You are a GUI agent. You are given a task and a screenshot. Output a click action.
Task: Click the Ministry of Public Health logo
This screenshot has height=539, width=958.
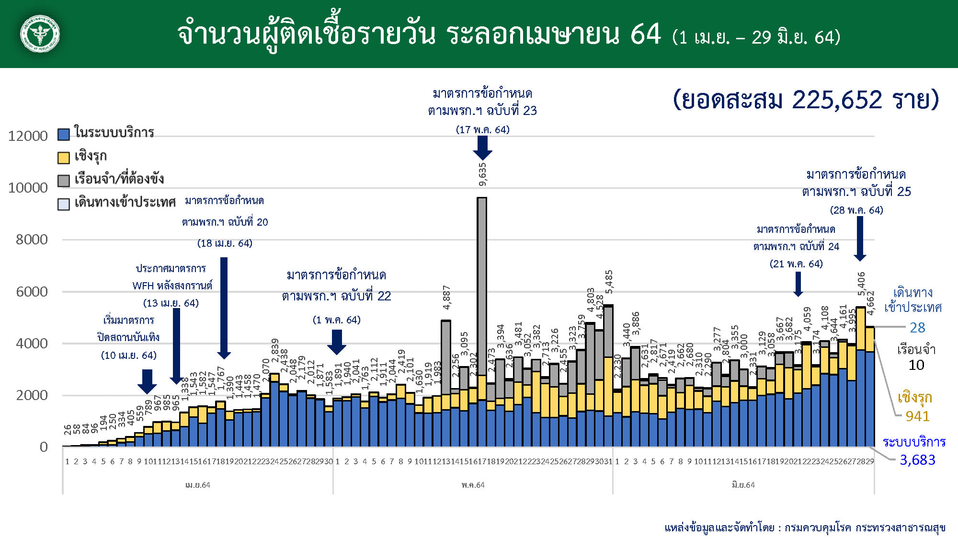[40, 34]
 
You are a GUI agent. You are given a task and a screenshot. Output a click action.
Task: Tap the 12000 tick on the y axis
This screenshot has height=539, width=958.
[28, 136]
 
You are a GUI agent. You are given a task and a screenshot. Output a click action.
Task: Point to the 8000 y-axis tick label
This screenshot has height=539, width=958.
[32, 240]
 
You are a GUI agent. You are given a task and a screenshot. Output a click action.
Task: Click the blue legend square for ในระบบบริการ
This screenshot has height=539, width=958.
[64, 134]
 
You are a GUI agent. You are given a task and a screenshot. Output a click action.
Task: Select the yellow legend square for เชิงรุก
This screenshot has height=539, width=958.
[64, 158]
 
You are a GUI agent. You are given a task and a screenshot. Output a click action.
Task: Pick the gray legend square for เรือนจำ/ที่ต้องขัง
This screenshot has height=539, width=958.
[64, 181]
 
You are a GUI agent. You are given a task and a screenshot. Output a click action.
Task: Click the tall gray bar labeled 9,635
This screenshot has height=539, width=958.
[482, 287]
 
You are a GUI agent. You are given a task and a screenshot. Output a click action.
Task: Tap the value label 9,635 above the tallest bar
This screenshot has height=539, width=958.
[482, 174]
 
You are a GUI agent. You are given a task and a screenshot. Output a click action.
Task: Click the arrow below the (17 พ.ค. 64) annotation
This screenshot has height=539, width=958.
[482, 148]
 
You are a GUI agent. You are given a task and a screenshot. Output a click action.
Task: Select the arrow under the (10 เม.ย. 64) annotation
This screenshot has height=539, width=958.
[147, 381]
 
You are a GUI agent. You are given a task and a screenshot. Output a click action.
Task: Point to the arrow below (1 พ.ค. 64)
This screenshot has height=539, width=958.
[337, 342]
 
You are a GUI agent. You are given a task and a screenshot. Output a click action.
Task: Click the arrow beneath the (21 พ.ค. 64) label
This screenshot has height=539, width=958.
[798, 284]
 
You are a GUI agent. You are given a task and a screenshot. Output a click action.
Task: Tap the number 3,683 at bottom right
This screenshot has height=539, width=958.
[917, 460]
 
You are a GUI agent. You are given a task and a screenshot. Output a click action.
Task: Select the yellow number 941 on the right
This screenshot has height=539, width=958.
[917, 416]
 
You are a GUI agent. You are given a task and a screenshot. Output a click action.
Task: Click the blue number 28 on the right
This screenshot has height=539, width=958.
[917, 328]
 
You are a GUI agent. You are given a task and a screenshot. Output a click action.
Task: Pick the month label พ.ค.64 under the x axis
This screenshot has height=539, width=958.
[473, 485]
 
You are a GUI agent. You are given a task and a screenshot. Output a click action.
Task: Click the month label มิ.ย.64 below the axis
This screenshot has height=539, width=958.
[743, 485]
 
